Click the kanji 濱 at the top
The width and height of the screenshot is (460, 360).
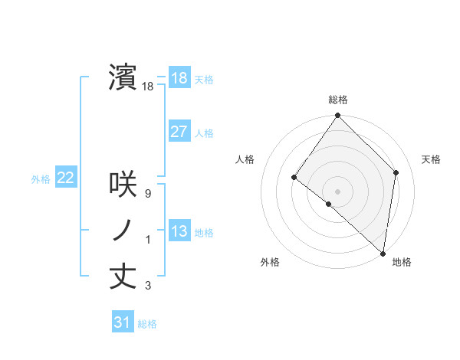click(123, 78)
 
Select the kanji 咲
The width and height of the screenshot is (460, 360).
click(123, 184)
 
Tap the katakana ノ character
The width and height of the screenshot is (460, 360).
click(123, 230)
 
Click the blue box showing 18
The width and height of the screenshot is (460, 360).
click(179, 79)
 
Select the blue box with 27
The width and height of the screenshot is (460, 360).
click(179, 132)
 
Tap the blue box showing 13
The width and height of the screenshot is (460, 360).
click(179, 231)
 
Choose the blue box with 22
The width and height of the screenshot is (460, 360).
click(65, 178)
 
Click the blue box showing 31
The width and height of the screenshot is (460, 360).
click(122, 322)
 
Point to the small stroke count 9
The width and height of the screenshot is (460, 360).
click(147, 194)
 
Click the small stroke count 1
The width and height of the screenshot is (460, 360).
click(148, 241)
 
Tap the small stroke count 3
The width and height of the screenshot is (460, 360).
click(148, 286)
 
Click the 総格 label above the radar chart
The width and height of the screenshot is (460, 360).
click(338, 100)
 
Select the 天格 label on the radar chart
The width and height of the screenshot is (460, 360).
click(431, 159)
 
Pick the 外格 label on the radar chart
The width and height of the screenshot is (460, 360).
click(270, 262)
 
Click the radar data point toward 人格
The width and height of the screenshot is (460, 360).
click(294, 178)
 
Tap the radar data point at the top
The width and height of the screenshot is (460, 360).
click(338, 116)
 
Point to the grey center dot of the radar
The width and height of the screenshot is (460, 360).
click(338, 191)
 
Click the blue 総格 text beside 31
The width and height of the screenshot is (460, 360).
click(147, 324)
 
